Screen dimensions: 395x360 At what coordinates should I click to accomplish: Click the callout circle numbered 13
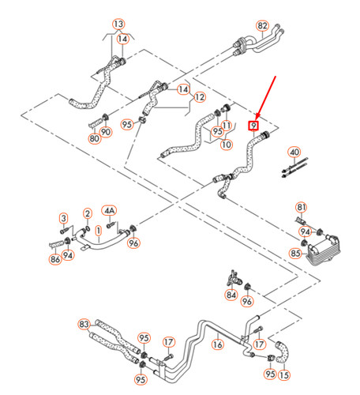(118, 24)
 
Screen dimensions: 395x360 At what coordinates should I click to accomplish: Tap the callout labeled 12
(200, 97)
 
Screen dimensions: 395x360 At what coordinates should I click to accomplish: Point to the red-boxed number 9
(253, 125)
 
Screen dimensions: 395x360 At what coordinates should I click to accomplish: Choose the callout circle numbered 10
(226, 145)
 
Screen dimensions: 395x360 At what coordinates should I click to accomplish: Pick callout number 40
(294, 152)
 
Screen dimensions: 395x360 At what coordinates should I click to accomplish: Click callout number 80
(94, 140)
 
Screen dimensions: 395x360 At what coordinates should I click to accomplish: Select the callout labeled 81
(301, 207)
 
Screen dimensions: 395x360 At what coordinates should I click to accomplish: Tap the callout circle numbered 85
(295, 254)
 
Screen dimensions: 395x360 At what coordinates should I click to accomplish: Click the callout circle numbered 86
(54, 258)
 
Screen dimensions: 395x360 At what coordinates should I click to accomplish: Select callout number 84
(231, 295)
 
